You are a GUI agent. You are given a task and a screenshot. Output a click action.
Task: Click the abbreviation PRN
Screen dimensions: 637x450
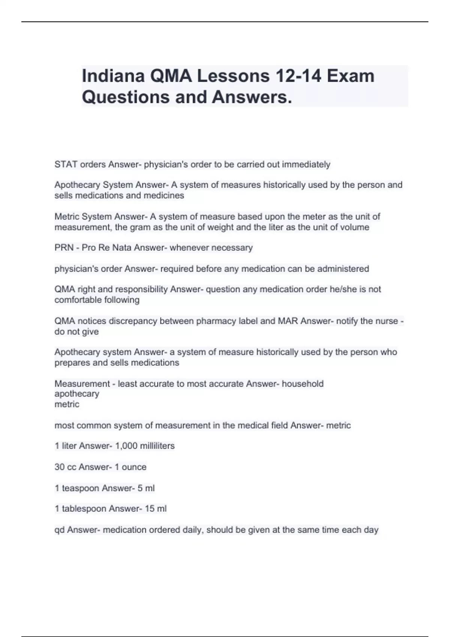pyautogui.click(x=64, y=248)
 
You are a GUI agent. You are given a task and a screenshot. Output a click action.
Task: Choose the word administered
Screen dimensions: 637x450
pyautogui.click(x=343, y=269)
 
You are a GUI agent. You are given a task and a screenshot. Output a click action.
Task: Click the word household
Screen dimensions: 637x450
pyautogui.click(x=303, y=384)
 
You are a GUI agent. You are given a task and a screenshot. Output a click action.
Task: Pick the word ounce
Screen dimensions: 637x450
pyautogui.click(x=134, y=467)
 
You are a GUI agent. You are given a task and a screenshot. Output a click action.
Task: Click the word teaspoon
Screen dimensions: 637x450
pyautogui.click(x=81, y=488)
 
